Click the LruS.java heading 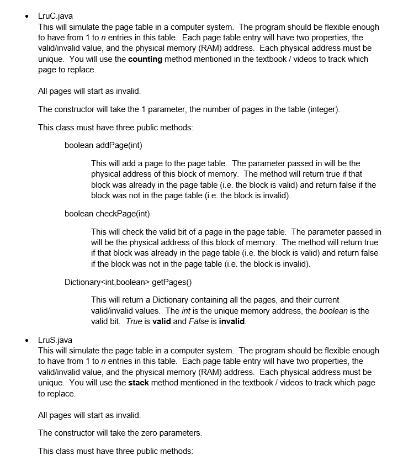pyautogui.click(x=56, y=340)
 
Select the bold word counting pyautogui.click(x=145, y=59)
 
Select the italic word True pyautogui.click(x=134, y=321)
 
